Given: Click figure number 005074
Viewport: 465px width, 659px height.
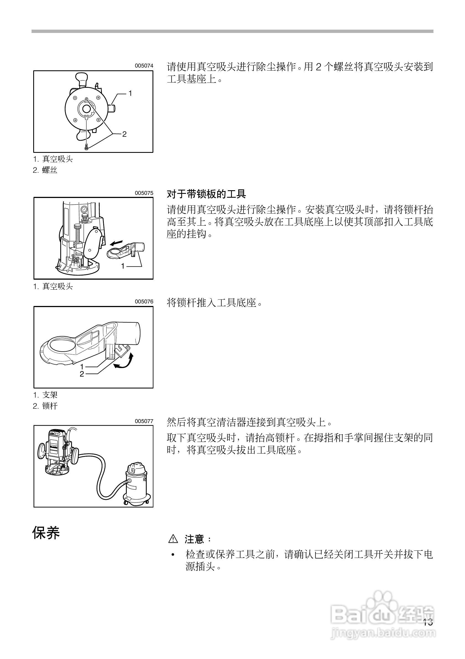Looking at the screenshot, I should click(x=144, y=66).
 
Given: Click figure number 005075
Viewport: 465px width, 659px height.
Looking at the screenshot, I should click(x=144, y=193).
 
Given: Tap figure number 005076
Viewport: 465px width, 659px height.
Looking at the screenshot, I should click(x=144, y=302).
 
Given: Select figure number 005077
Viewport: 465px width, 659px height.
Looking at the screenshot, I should click(x=144, y=421).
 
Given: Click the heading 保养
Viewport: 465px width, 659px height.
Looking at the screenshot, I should click(x=46, y=533).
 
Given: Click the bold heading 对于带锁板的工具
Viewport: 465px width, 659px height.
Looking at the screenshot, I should click(x=206, y=194).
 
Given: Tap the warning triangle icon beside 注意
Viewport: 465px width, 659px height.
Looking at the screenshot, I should click(x=173, y=539).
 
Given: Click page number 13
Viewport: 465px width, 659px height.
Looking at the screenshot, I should click(x=428, y=622).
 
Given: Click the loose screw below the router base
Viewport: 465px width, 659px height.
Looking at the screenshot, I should click(x=86, y=148).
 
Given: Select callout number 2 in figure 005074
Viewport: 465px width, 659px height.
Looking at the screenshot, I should click(x=124, y=134).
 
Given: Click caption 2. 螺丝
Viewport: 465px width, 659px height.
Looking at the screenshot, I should click(x=45, y=170).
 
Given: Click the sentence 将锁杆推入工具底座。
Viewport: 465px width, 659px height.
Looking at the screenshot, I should click(x=215, y=303).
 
